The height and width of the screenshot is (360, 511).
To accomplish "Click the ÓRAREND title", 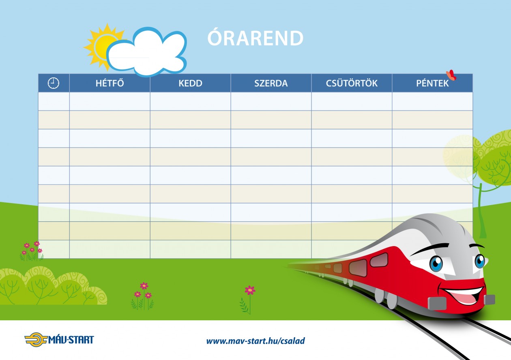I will click(255, 39).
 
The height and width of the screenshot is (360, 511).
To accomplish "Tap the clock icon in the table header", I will click(54, 83).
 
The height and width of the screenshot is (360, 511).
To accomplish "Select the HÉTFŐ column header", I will click(109, 83).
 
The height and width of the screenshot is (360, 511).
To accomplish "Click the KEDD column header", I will click(190, 83).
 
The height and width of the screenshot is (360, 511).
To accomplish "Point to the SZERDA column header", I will click(271, 83).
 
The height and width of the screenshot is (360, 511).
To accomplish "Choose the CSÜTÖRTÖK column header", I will click(352, 83).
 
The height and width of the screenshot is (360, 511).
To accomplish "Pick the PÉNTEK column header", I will click(432, 83).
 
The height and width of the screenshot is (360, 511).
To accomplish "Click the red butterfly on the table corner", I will click(451, 75).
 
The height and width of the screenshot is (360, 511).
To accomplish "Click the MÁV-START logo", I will click(59, 340).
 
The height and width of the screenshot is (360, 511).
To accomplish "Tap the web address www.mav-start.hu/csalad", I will click(255, 341).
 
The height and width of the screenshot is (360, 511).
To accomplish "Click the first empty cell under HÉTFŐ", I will click(109, 101).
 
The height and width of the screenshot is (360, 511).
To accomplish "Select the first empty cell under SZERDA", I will click(271, 101).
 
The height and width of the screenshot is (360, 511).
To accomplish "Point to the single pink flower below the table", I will click(250, 290).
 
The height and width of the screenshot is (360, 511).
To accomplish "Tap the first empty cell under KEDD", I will click(190, 101).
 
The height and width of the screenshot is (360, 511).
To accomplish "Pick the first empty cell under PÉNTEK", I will click(432, 101).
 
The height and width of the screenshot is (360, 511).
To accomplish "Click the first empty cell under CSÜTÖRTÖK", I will click(352, 101).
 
